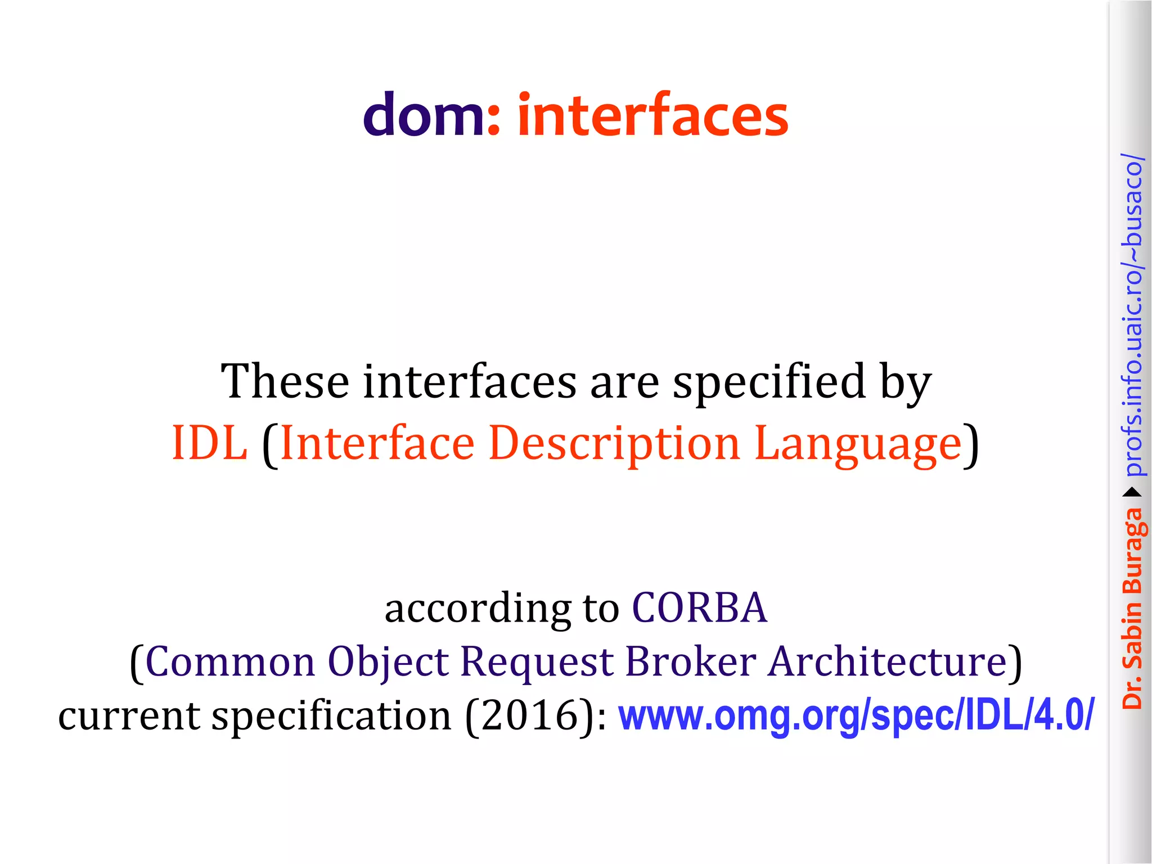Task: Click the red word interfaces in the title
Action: pyautogui.click(x=652, y=115)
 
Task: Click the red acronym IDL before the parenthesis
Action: pyautogui.click(x=209, y=443)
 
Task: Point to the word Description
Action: pyautogui.click(x=614, y=443)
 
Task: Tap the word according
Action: pyautogui.click(x=478, y=609)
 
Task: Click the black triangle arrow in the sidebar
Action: pyautogui.click(x=1132, y=493)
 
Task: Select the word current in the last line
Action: pyautogui.click(x=129, y=716)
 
